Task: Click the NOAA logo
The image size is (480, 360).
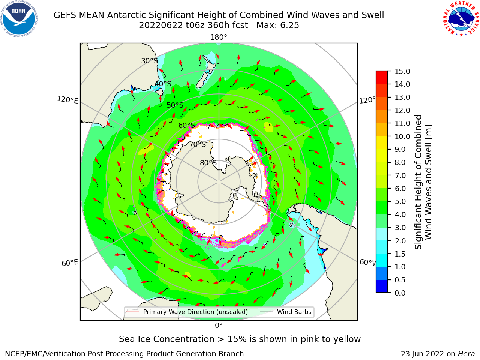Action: tap(19, 19)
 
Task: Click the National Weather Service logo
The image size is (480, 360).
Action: tap(461, 19)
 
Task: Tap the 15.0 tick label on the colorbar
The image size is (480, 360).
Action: tap(402, 71)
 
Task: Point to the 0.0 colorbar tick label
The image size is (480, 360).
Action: tap(400, 293)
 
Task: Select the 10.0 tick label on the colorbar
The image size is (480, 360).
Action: tap(402, 136)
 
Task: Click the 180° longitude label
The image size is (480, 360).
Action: tap(219, 37)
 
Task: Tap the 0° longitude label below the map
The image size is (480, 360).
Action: tap(219, 325)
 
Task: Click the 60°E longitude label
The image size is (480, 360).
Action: tap(70, 263)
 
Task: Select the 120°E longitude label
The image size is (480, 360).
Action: tap(67, 100)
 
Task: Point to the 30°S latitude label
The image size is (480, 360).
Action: tap(149, 61)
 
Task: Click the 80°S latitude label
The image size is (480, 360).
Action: tap(208, 163)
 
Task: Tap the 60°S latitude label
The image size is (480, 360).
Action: tap(186, 125)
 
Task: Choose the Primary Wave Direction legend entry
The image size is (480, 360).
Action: tap(187, 312)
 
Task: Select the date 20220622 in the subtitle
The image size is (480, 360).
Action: tap(161, 25)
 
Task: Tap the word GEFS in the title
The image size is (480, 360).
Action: tap(65, 15)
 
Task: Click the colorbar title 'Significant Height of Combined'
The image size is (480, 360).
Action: tap(418, 182)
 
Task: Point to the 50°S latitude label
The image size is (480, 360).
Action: tap(175, 105)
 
